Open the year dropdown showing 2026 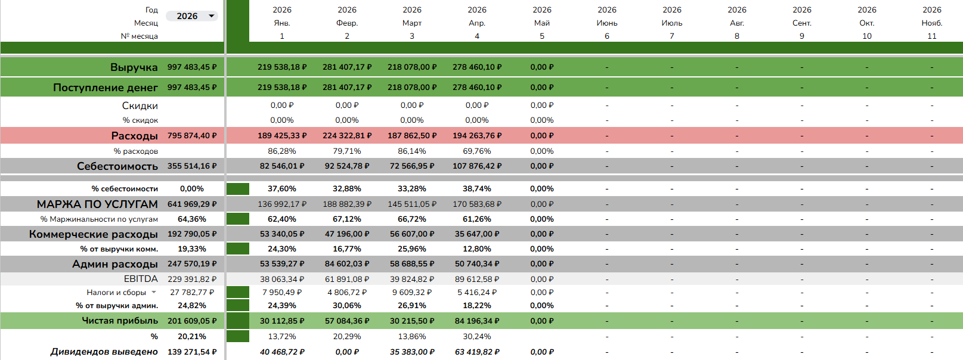[192, 16]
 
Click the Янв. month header [282, 23]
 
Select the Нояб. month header [931, 23]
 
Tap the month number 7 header [672, 36]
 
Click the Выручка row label [134, 67]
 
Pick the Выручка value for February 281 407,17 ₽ [347, 67]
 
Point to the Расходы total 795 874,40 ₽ [192, 136]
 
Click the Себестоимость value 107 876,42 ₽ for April [477, 166]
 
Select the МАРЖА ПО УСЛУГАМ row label [97, 204]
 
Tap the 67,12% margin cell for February [347, 219]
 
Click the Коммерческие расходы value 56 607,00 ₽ [412, 234]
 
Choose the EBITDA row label [141, 279]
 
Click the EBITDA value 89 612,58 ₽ [477, 279]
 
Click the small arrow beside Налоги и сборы [153, 292]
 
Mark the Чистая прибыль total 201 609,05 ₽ [192, 321]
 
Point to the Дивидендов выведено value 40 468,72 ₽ [282, 352]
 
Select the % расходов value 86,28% [282, 151]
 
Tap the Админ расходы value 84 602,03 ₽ [347, 264]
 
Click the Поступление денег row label [106, 88]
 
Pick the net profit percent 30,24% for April [477, 336]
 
